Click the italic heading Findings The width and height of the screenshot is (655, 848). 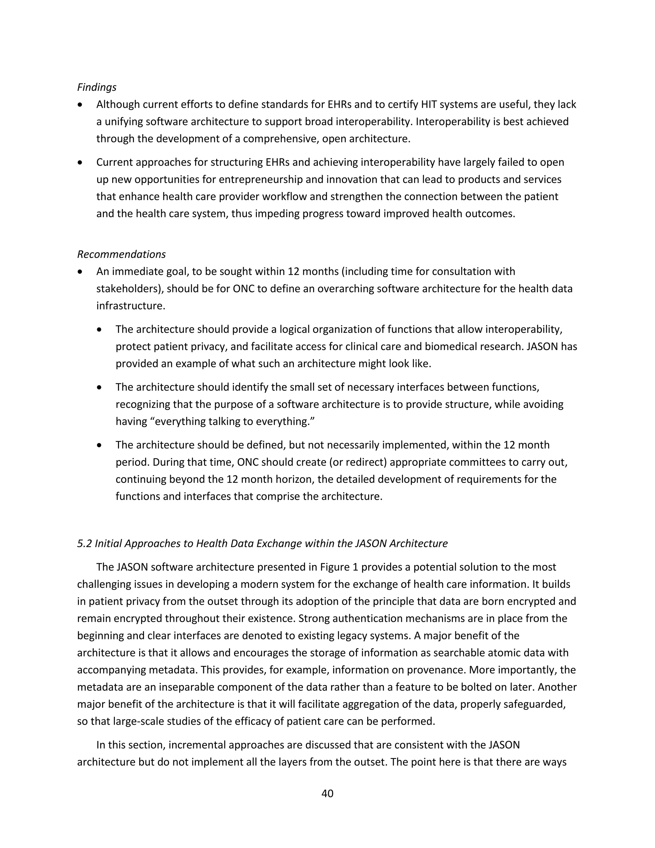97,87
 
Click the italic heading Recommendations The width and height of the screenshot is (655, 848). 121,254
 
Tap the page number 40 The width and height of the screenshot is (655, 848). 327,793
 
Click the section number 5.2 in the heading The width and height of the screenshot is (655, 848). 84,543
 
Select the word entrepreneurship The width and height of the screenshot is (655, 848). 271,180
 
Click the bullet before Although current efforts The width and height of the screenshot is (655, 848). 80,105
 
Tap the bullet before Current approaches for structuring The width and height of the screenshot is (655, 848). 80,162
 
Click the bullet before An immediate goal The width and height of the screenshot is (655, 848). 80,272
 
